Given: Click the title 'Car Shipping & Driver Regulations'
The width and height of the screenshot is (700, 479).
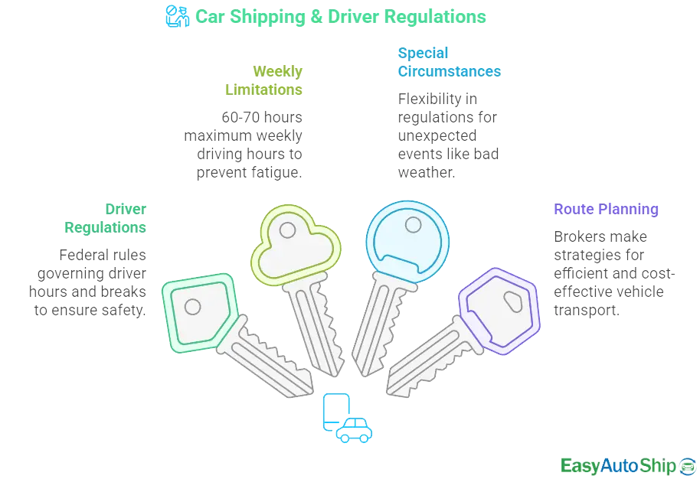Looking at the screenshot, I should point(341,16).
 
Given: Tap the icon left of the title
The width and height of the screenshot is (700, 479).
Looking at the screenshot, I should point(177,16).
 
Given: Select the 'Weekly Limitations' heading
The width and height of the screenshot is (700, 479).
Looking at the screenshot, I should point(264,80).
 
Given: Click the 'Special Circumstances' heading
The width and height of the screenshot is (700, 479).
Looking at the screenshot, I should point(450,63).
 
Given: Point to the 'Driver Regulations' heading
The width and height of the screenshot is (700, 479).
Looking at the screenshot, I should point(105,218).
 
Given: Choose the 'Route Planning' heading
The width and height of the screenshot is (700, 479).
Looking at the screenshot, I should point(606,209).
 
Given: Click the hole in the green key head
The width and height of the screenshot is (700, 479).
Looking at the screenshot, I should point(193,307).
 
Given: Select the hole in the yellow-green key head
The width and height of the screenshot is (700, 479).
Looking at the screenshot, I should point(286,229).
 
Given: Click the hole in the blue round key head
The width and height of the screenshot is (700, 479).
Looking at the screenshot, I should point(413,225).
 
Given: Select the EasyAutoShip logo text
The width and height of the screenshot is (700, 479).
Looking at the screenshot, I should point(617,465).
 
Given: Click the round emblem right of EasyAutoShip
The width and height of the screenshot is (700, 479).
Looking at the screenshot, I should point(687,465).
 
